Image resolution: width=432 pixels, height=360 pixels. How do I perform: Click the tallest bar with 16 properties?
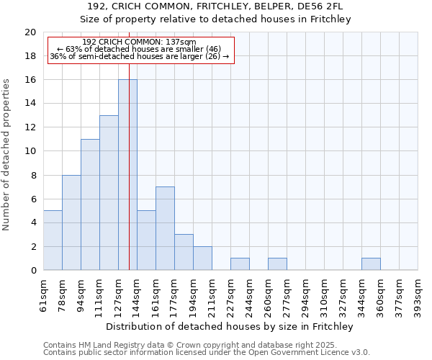(127, 175)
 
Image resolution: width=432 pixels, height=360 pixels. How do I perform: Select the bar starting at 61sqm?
(53, 240)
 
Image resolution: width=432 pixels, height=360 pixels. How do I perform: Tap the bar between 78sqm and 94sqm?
(71, 222)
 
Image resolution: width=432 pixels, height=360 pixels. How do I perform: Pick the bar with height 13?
(109, 193)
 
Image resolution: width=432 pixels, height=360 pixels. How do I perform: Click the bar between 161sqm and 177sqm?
(165, 228)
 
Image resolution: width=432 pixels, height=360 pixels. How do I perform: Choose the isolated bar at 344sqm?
(371, 264)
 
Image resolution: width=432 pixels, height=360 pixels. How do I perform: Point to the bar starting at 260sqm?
(277, 264)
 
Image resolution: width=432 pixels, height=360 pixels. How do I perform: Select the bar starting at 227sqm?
(240, 264)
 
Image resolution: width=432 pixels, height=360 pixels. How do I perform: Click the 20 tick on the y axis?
(30, 32)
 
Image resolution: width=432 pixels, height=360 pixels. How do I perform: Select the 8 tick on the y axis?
(33, 175)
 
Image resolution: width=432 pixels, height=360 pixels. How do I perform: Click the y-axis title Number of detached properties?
(6, 155)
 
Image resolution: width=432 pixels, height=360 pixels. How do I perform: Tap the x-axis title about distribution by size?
(230, 326)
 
